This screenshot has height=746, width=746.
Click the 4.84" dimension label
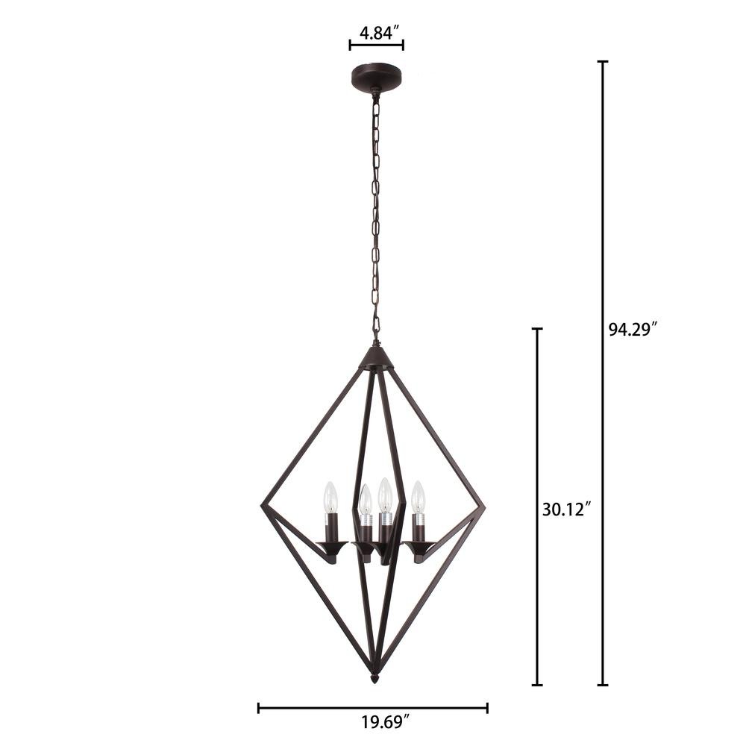point(379,34)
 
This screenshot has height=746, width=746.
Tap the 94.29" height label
point(633,329)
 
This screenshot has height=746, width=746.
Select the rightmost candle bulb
point(418,497)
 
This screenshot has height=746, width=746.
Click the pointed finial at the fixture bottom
point(375,678)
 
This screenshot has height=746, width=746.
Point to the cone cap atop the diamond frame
point(375,358)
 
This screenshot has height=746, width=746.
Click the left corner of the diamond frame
point(263,506)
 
